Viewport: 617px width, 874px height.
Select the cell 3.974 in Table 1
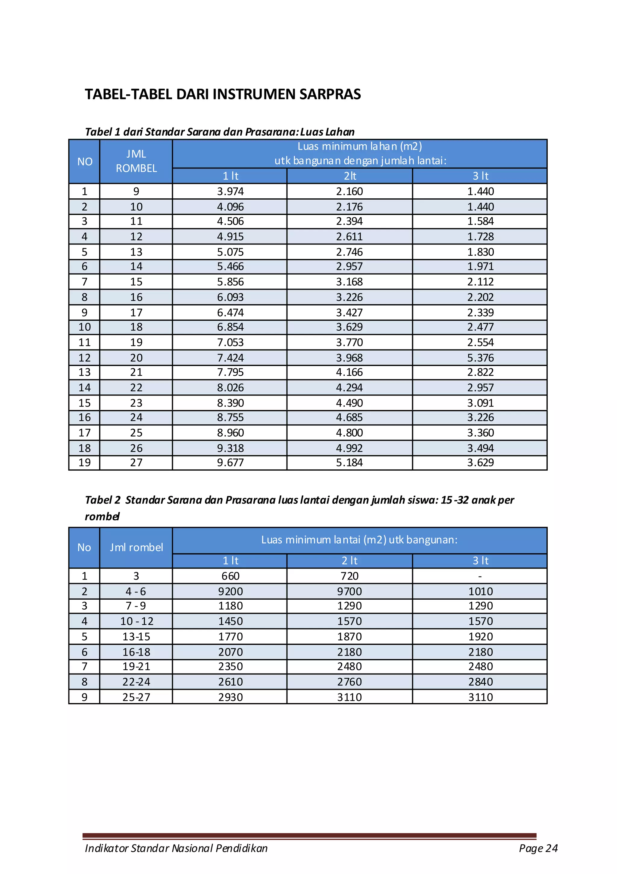pyautogui.click(x=230, y=191)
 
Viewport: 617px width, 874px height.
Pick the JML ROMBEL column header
pyautogui.click(x=136, y=161)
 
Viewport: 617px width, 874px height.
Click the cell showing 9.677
pyautogui.click(x=230, y=462)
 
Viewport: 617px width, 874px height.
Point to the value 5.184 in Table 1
pyautogui.click(x=349, y=462)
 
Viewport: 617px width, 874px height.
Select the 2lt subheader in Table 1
pyautogui.click(x=349, y=176)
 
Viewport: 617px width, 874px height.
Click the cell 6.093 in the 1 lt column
pyautogui.click(x=230, y=297)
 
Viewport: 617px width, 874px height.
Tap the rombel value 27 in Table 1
pyautogui.click(x=136, y=462)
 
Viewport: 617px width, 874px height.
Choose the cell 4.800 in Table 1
pyautogui.click(x=349, y=433)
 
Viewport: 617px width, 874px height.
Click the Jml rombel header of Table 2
pyautogui.click(x=136, y=547)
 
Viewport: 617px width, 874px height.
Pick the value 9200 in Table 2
pyautogui.click(x=230, y=592)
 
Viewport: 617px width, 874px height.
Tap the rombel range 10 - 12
pyautogui.click(x=136, y=621)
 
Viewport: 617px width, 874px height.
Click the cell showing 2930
pyautogui.click(x=230, y=697)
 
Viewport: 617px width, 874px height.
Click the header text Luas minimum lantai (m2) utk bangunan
pyautogui.click(x=359, y=540)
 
